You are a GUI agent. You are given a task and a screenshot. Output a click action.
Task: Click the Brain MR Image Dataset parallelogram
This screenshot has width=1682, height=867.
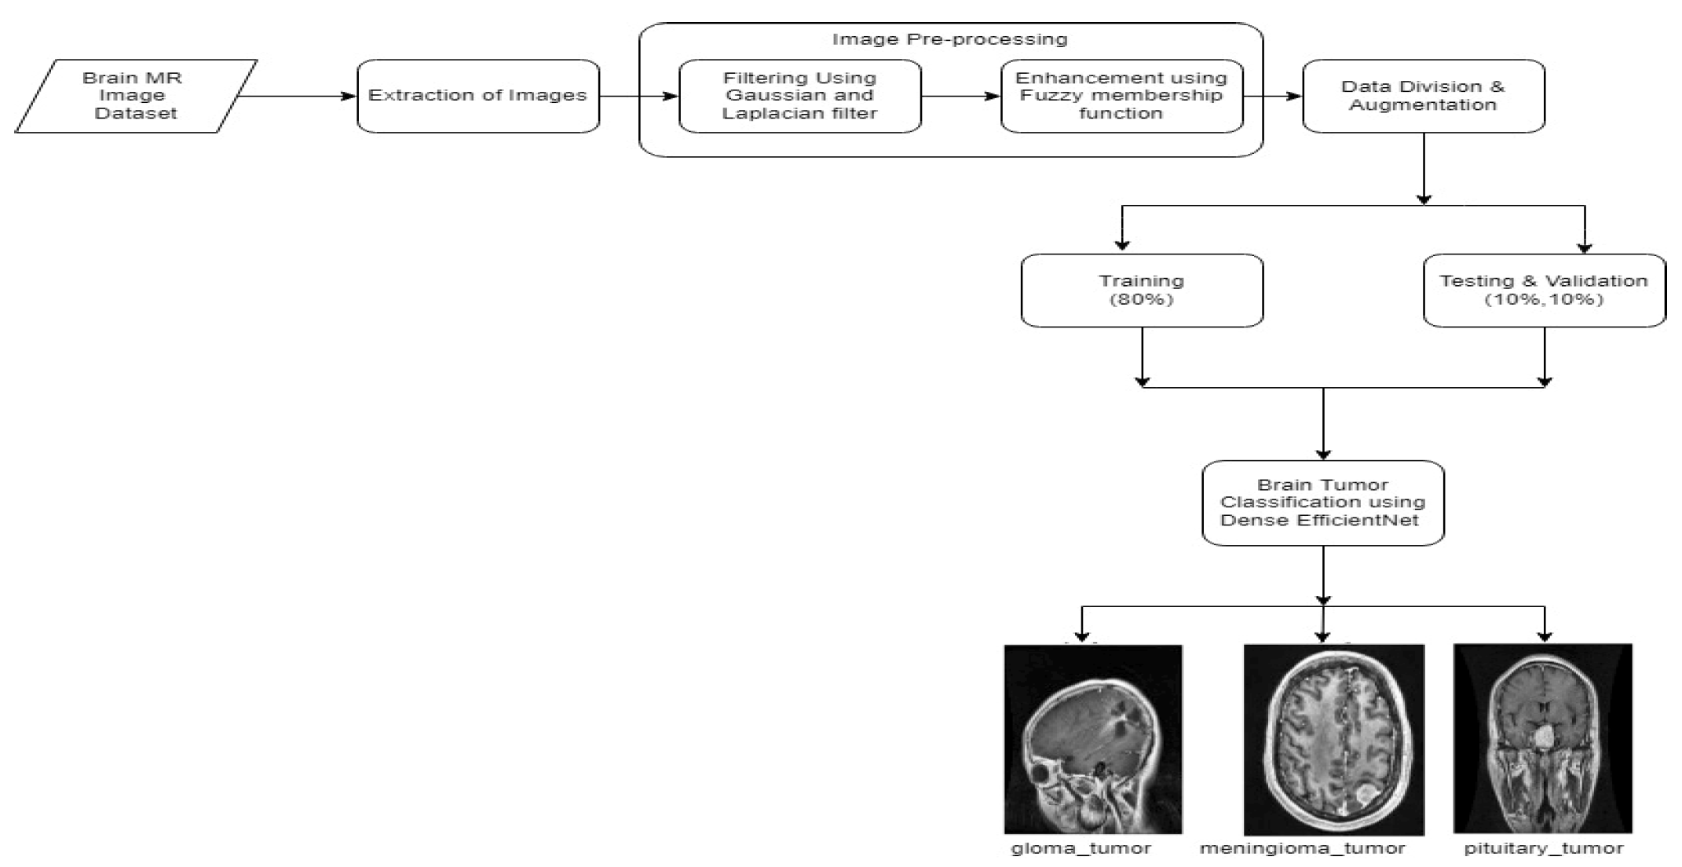click(x=135, y=96)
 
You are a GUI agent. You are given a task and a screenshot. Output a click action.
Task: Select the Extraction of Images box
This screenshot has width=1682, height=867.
click(x=477, y=96)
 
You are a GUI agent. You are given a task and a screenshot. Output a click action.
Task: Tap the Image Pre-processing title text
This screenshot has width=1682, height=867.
click(x=949, y=39)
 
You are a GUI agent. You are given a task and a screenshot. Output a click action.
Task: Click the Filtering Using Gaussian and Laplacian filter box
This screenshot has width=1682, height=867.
click(x=799, y=96)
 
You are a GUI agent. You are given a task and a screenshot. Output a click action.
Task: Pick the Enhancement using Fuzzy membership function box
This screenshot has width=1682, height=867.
click(x=1121, y=96)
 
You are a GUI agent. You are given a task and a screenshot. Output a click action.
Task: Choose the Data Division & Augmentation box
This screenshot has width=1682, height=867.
click(x=1423, y=96)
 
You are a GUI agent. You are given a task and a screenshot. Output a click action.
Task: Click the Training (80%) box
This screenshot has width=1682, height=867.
click(x=1142, y=290)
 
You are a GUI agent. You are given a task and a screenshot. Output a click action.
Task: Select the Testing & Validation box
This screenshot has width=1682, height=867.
click(x=1544, y=290)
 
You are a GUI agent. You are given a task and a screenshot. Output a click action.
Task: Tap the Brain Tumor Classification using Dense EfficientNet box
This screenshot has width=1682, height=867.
click(x=1323, y=503)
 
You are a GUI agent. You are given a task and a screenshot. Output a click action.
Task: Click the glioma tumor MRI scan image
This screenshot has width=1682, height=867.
click(x=1092, y=739)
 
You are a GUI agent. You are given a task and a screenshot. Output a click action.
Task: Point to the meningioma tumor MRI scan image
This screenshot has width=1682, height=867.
click(x=1333, y=739)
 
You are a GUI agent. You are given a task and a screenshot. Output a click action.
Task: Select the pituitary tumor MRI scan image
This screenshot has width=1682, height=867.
click(x=1542, y=738)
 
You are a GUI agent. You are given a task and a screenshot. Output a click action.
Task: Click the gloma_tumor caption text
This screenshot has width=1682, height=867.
click(x=1081, y=848)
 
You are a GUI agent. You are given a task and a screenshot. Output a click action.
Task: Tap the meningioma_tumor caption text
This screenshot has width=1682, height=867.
click(x=1302, y=848)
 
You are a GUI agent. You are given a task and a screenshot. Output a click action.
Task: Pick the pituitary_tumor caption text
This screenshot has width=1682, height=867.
click(x=1543, y=848)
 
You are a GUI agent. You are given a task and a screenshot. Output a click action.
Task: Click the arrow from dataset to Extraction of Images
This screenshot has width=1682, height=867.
click(x=297, y=97)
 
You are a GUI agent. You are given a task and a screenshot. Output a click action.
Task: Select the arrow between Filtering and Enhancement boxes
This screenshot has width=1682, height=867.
click(x=960, y=97)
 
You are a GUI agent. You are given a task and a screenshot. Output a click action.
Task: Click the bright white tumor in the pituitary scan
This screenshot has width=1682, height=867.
click(x=1544, y=737)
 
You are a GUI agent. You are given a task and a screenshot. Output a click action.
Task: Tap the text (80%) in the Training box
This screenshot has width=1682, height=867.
click(x=1142, y=299)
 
